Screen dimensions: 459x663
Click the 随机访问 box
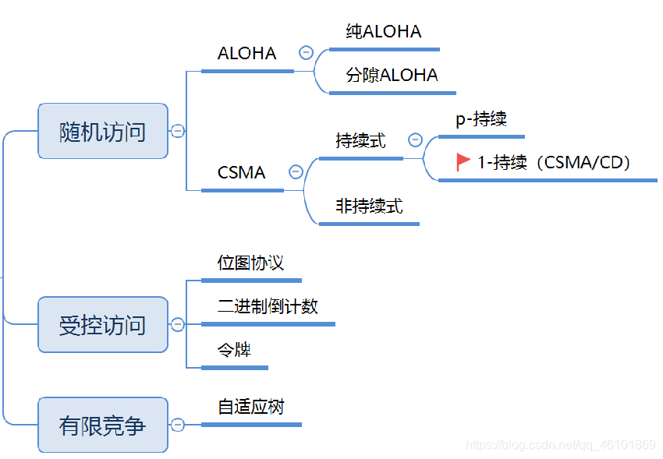coord(103,131)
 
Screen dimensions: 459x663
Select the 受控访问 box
coord(103,324)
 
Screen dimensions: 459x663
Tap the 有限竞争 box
coord(103,425)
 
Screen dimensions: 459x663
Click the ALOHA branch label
coord(246,53)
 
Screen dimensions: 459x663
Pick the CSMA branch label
coord(242,172)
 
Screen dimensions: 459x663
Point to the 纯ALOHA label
coord(384,32)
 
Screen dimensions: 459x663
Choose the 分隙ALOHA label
coord(392,76)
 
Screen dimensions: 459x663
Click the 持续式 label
coord(360,141)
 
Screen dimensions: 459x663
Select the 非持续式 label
coord(369,207)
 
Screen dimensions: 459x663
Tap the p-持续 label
coord(481,119)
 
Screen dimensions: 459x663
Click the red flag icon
coord(463,161)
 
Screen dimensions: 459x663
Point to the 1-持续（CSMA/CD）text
coord(555,162)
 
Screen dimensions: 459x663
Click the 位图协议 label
coord(250,263)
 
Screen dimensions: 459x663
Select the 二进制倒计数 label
coord(268,306)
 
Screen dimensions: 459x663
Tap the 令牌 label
coord(234,350)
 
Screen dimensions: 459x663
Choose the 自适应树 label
coord(251,407)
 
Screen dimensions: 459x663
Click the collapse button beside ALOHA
coord(306,53)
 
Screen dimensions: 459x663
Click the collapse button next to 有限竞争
coord(178,425)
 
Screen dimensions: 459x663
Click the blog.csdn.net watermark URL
coord(560,445)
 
